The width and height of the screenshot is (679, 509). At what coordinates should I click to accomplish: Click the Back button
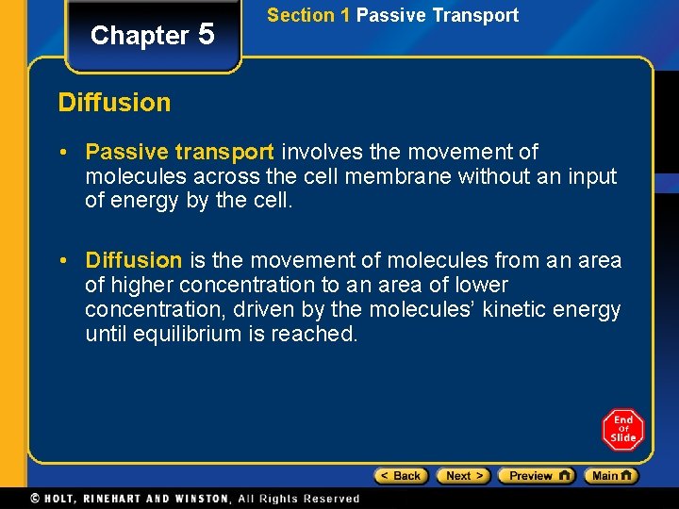pos(401,476)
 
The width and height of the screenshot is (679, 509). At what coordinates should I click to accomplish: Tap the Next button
pos(462,476)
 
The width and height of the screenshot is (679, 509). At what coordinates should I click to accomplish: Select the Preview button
pos(536,476)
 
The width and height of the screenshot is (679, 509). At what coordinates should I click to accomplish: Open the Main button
pos(610,476)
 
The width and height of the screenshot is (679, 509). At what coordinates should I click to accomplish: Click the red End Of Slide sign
pos(622,430)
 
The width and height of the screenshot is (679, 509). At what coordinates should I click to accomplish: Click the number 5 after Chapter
pos(207,35)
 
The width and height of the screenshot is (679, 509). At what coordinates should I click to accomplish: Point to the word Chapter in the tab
pos(140,36)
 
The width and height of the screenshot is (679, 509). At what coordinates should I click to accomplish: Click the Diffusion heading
pos(114,103)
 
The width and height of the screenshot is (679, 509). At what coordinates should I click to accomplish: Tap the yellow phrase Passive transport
pos(179,152)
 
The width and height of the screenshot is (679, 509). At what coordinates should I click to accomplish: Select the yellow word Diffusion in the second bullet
pos(133,260)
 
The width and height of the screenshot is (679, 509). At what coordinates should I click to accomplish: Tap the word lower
pos(481,285)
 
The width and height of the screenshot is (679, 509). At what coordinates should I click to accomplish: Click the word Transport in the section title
pos(477,15)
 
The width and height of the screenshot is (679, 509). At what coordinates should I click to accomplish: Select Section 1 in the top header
pos(308,15)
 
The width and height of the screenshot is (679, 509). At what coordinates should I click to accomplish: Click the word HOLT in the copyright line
pos(64,499)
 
